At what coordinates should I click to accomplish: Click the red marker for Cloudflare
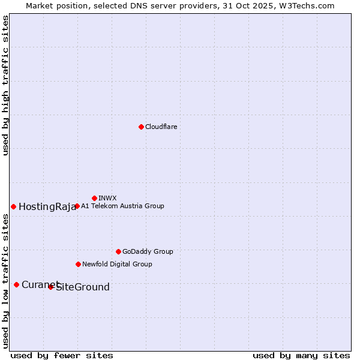coord(141,127)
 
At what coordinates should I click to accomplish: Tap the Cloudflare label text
coord(161,127)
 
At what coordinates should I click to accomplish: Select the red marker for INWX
coord(94,198)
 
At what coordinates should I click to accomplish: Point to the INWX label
coord(107,198)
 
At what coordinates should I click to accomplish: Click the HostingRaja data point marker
coord(13,206)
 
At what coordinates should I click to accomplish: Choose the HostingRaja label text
coord(47,207)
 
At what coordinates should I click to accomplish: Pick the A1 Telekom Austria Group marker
coord(77,206)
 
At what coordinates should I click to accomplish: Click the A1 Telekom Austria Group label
coord(122,206)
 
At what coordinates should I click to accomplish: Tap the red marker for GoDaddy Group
coord(118,251)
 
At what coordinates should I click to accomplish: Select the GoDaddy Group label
coord(148,251)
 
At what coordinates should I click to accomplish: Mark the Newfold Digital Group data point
coord(78,264)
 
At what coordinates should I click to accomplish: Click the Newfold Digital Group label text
coord(117,264)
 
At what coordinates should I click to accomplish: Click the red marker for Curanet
coord(16,284)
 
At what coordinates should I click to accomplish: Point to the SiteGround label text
coord(83,287)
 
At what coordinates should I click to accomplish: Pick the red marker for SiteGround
coord(51,287)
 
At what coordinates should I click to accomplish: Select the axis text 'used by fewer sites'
coord(62,355)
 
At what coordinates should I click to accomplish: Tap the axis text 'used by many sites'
coord(301,355)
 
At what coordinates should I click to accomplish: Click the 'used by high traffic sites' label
coord(5,85)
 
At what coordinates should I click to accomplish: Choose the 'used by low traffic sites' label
coord(5,281)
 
